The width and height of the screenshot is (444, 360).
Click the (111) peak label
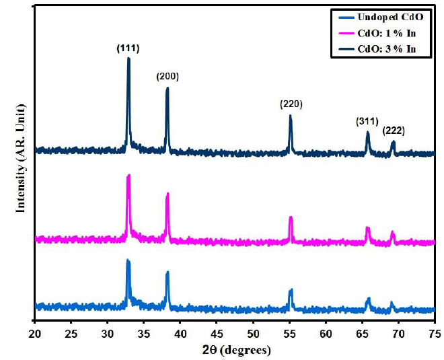click(x=128, y=48)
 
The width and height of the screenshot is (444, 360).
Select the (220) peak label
click(x=291, y=104)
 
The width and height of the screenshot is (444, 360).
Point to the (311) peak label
click(x=367, y=121)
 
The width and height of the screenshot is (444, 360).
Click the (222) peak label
click(x=393, y=131)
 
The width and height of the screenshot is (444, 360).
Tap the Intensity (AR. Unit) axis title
click(x=21, y=158)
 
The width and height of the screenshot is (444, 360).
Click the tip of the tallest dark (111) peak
click(x=128, y=59)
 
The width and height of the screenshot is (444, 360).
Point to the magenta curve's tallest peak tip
click(x=128, y=176)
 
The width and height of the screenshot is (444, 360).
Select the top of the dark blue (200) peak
click(x=168, y=88)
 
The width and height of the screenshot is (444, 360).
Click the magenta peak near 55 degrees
click(x=291, y=217)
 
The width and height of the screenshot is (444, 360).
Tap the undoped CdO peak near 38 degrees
click(x=168, y=273)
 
